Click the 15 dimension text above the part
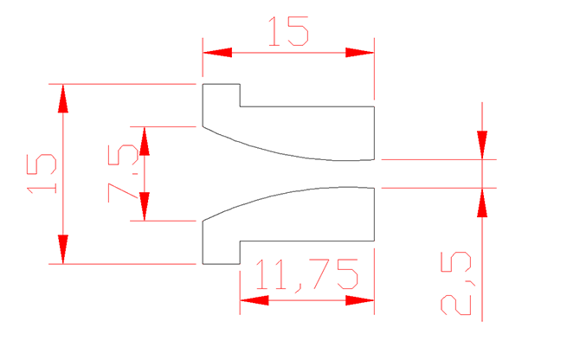tap(288, 31)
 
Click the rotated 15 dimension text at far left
tap(42, 173)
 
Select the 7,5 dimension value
tap(124, 173)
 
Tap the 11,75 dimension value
tap(306, 274)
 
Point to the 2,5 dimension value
tap(456, 284)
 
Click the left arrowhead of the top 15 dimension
tap(217, 53)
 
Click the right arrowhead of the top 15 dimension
tap(359, 53)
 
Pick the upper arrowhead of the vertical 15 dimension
tap(63, 99)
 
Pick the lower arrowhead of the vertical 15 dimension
tap(63, 249)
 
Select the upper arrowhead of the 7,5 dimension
tap(145, 141)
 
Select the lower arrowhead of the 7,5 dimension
tap(145, 206)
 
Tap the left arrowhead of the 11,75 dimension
tap(255, 300)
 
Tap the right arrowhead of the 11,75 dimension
tap(359, 300)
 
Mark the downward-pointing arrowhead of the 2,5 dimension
tap(482, 145)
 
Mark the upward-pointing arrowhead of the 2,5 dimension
tap(482, 202)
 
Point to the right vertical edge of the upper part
tap(374, 133)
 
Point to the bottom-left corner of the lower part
tap(203, 264)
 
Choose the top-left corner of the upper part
tap(203, 84)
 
